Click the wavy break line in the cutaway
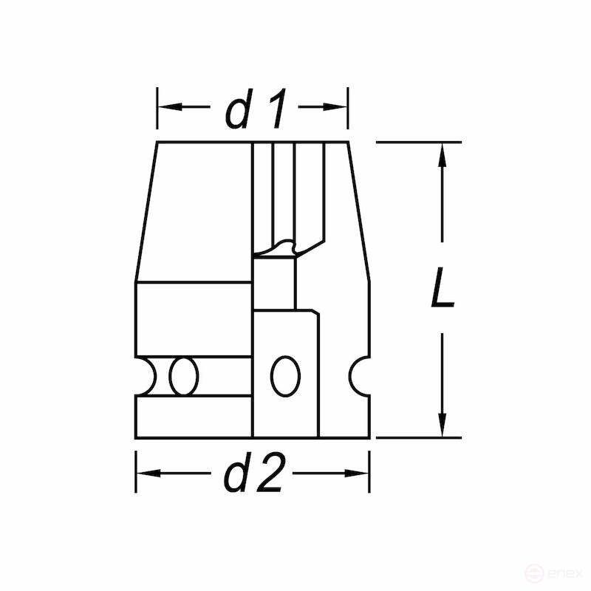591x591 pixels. click(284, 246)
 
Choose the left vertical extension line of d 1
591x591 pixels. click(157, 108)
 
